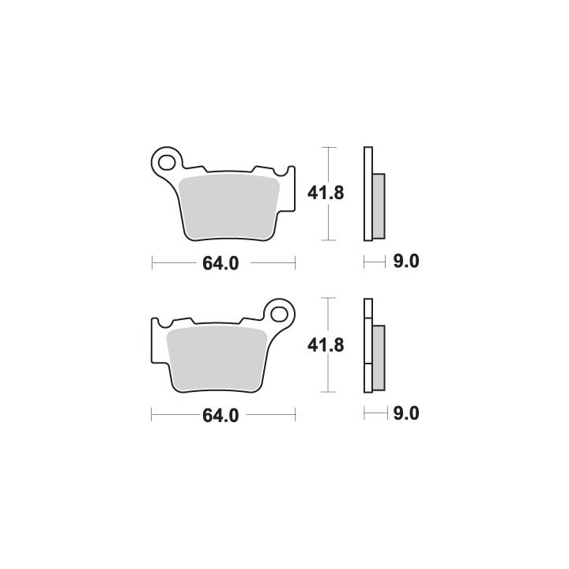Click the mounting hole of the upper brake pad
pos(167,162)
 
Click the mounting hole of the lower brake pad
pos(280,315)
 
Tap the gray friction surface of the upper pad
pos(229,207)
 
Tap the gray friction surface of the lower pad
pos(217,359)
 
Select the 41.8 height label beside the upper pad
pos(326,193)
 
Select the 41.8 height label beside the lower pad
pos(326,345)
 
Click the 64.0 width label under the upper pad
pos(220,263)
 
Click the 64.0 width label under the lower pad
pos(220,416)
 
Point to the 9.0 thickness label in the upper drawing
pos(406,262)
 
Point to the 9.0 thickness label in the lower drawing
pos(406,413)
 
